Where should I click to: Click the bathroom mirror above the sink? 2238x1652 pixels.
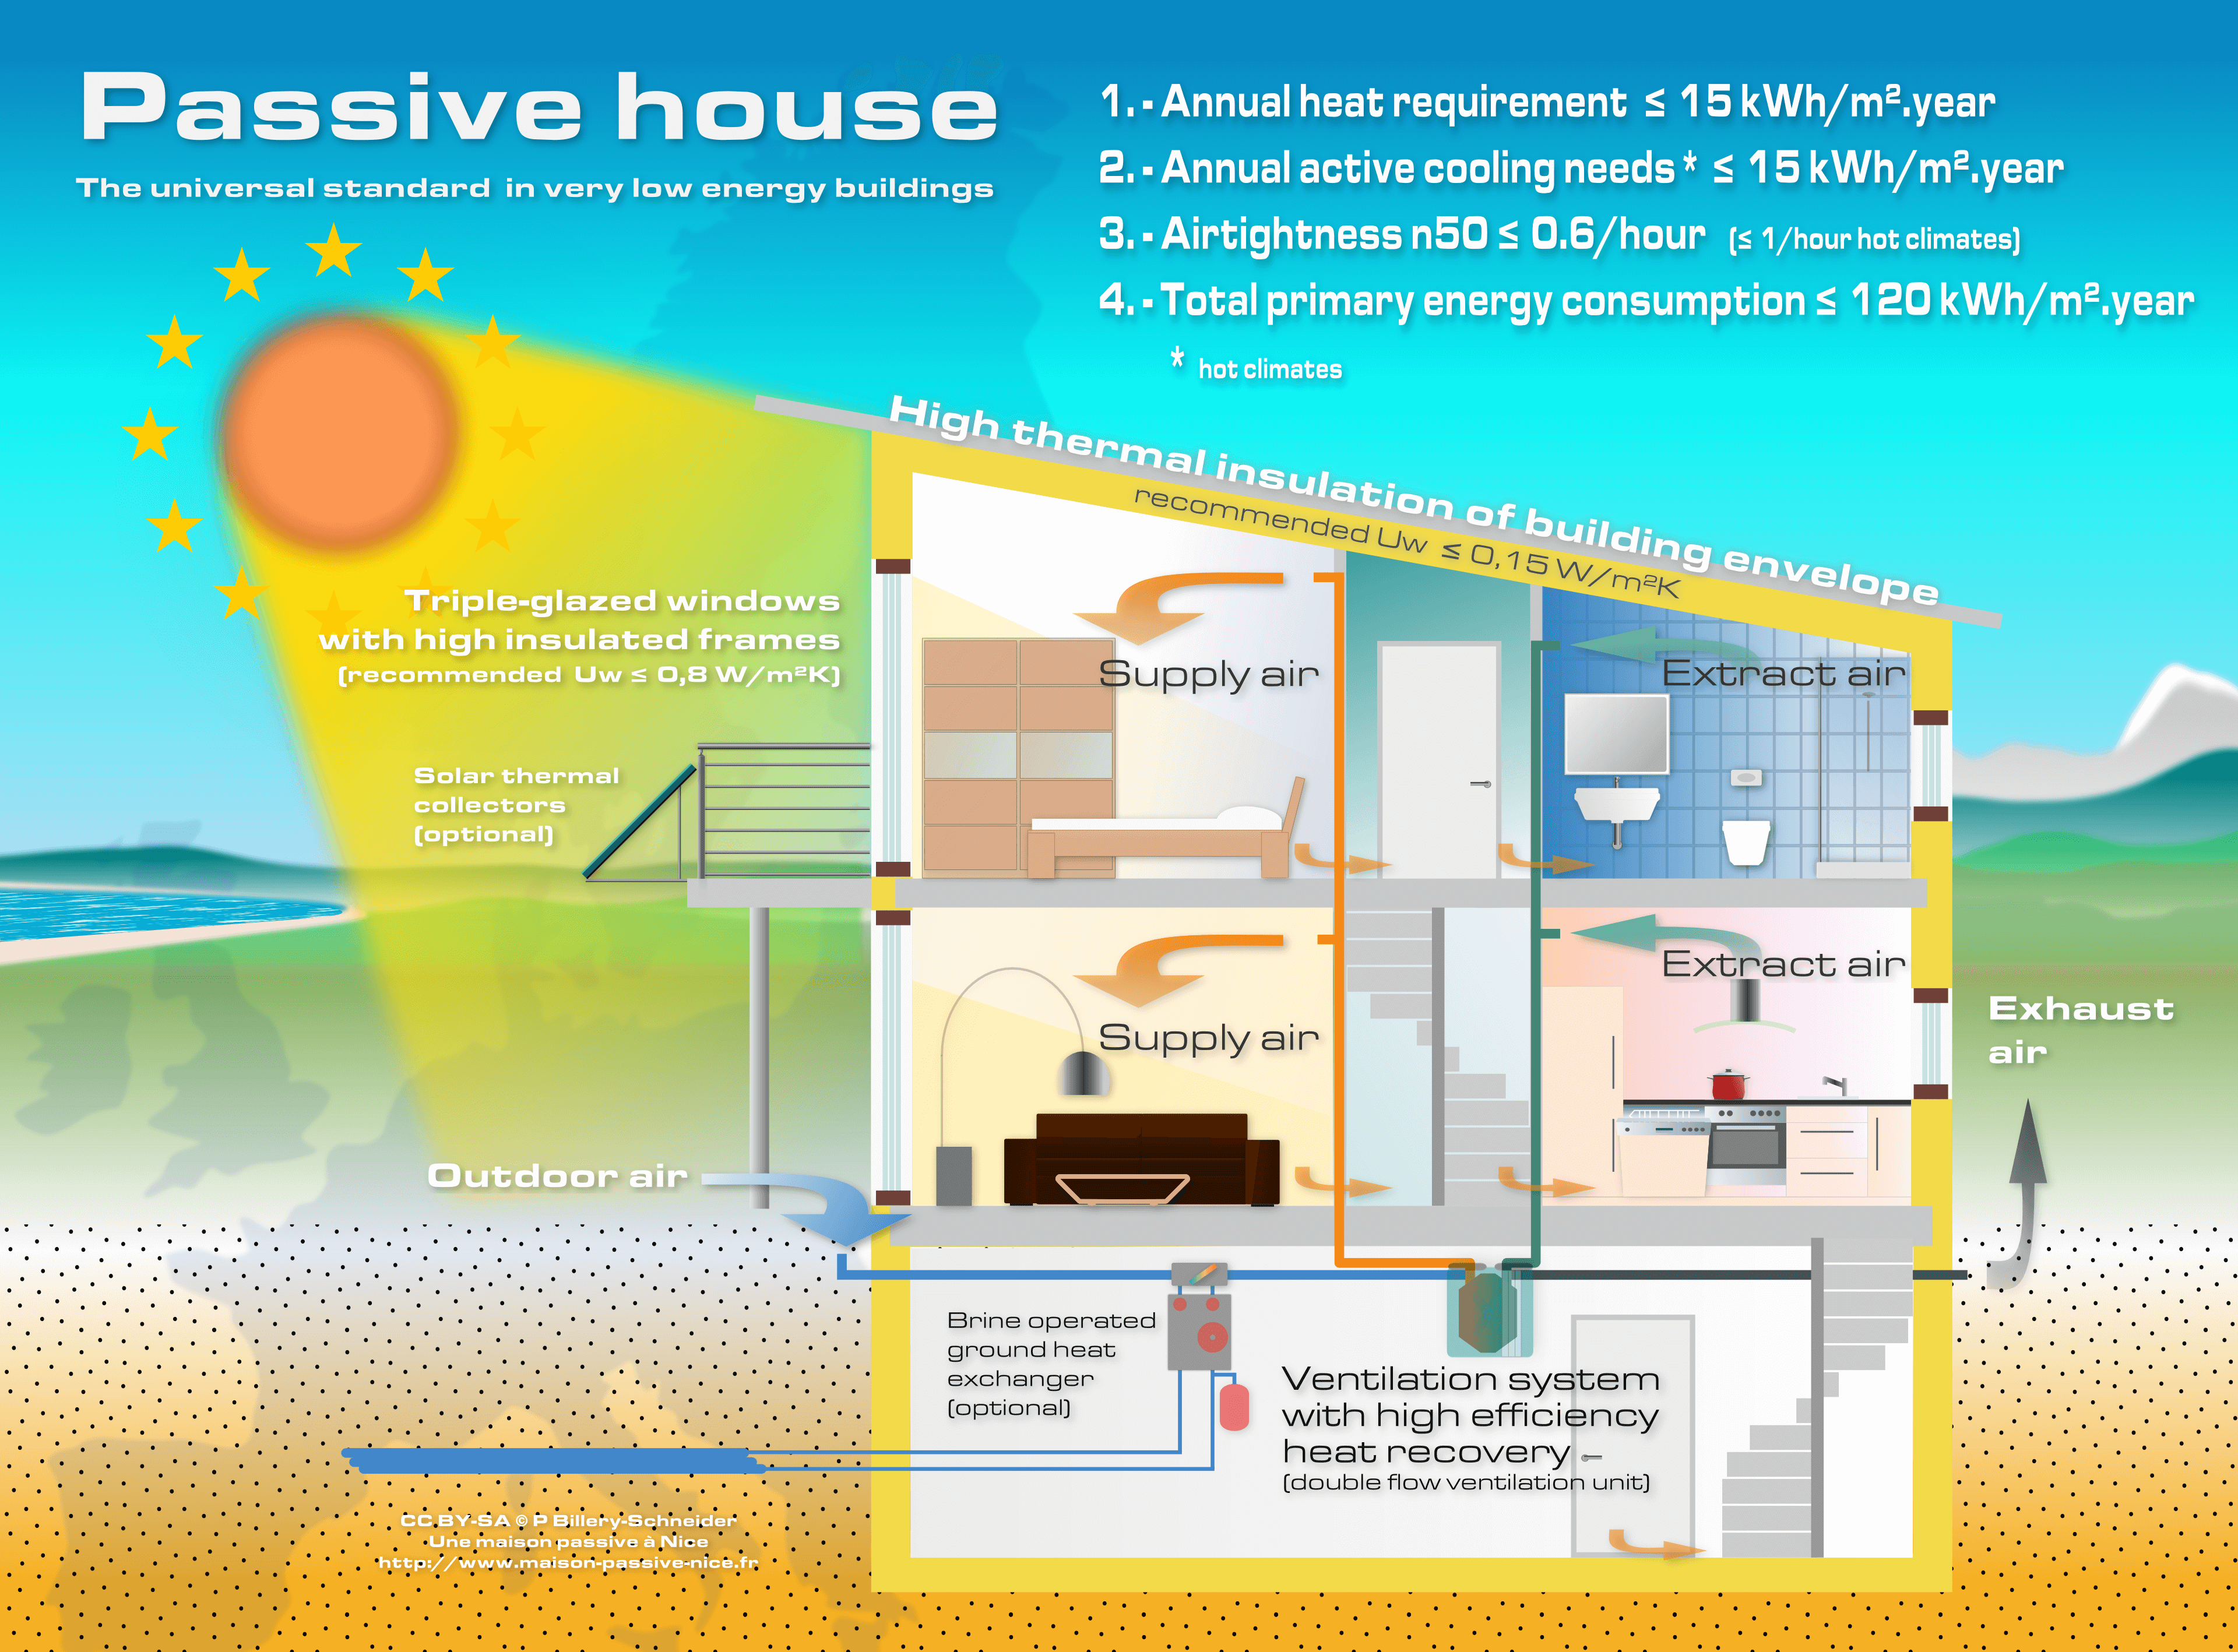click(x=1616, y=733)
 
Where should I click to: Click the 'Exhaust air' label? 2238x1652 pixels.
click(x=2080, y=1030)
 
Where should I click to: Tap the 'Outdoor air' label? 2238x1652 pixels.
click(x=557, y=1176)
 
